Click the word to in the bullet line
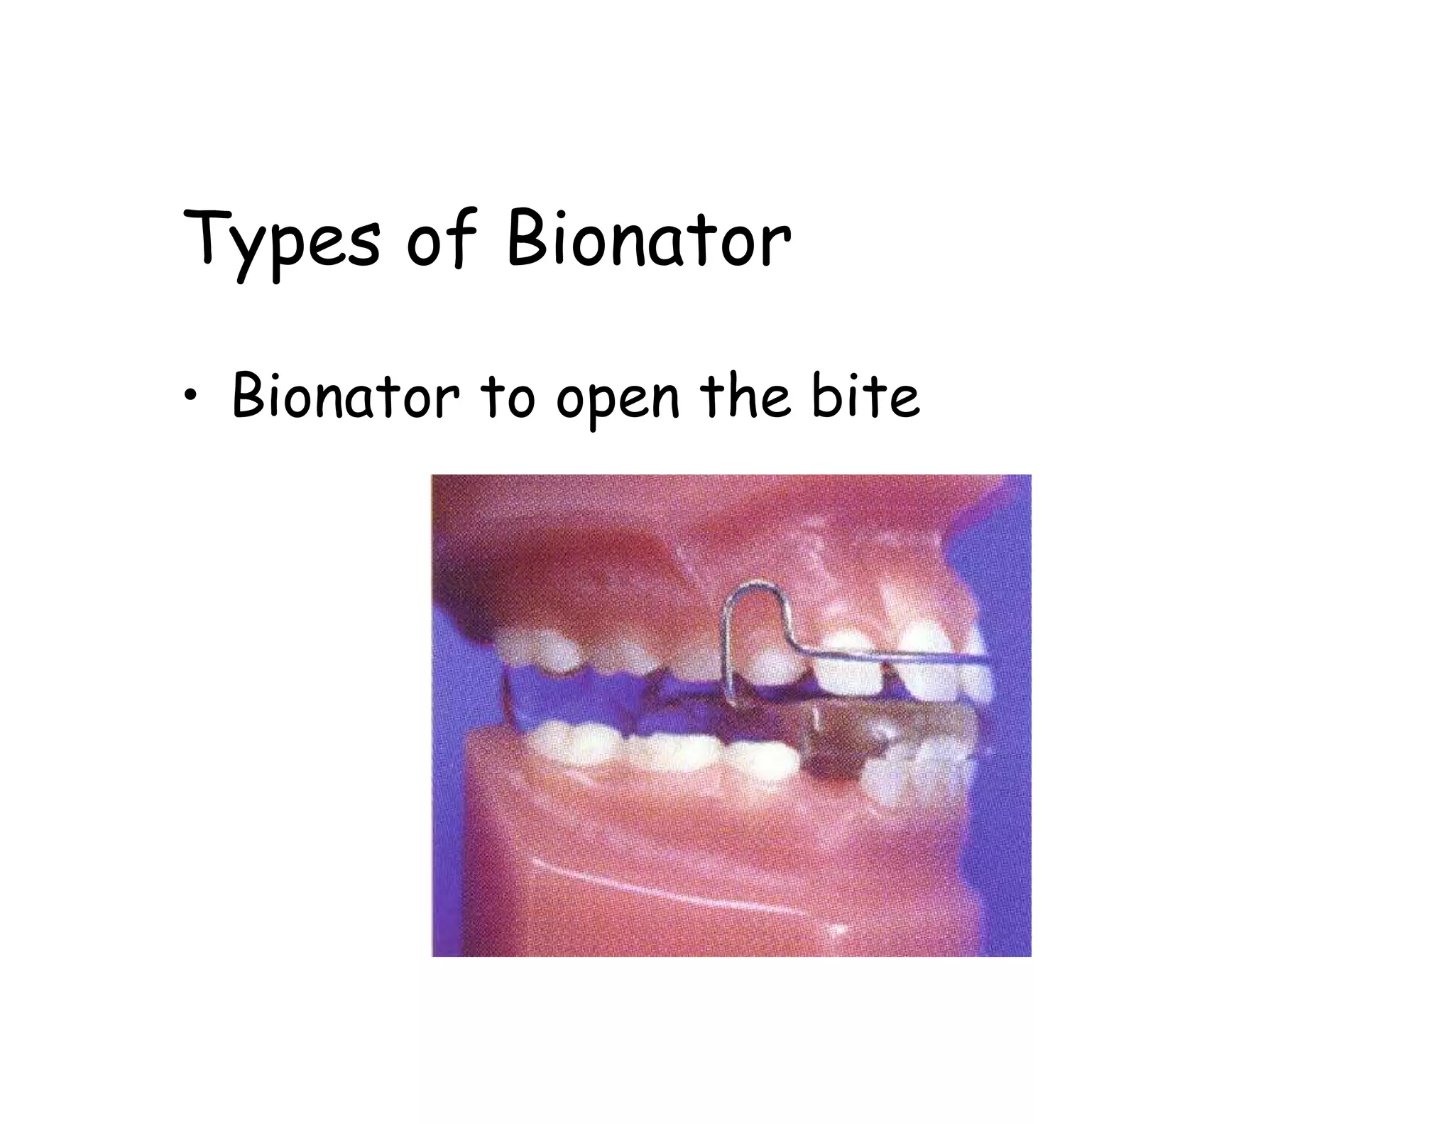[x=508, y=396]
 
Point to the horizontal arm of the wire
[x=895, y=654]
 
